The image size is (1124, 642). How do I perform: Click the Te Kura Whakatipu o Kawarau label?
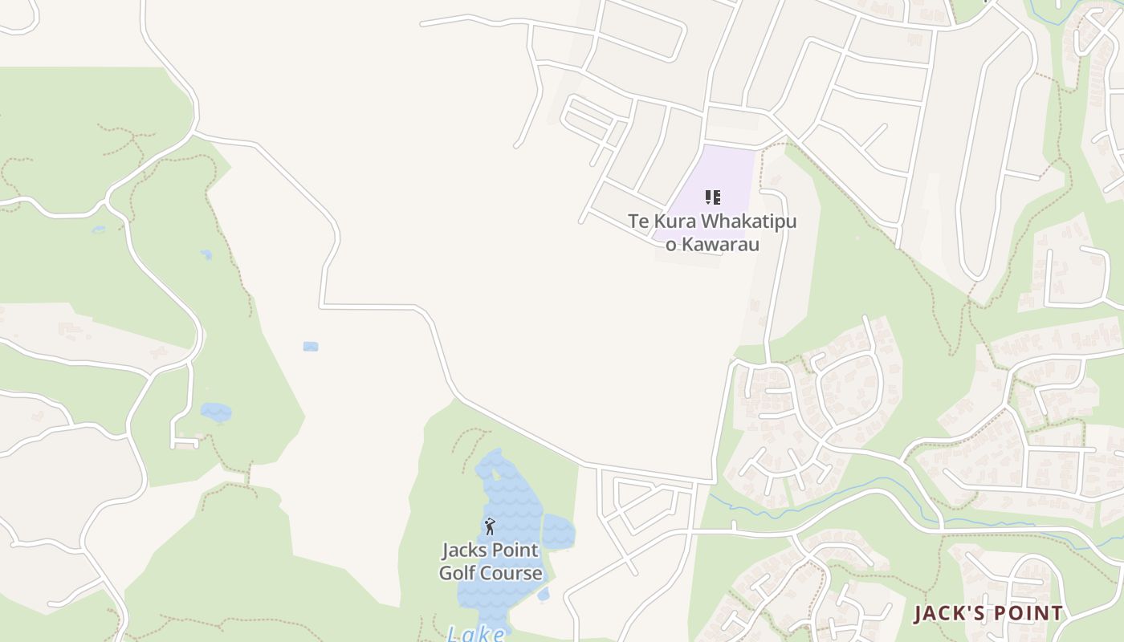712,232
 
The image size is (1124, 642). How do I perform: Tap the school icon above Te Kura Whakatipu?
712,197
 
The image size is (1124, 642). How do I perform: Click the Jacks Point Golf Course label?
491,562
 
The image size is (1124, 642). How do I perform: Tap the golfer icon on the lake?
490,526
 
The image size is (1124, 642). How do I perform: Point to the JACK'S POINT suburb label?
988,614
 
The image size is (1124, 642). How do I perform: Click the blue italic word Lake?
475,634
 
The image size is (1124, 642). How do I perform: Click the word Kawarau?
719,244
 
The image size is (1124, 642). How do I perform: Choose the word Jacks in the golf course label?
463,551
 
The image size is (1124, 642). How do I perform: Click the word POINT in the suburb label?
1028,614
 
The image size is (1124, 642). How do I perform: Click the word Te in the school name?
637,221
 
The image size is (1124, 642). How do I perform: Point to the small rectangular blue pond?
311,347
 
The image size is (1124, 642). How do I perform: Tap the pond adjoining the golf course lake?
558,532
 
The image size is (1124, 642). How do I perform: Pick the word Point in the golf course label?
515,551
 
